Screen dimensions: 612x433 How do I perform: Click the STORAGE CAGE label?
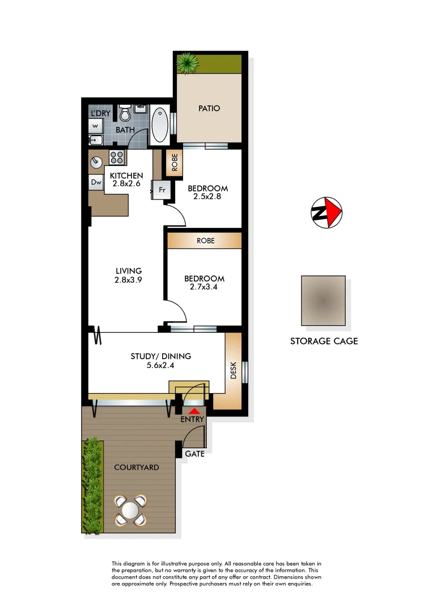click(324, 341)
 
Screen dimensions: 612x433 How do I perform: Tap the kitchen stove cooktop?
click(117, 157)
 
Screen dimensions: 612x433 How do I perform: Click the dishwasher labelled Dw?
click(95, 182)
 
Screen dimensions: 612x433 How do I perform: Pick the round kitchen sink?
click(96, 163)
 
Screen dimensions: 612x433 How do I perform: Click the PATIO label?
click(209, 108)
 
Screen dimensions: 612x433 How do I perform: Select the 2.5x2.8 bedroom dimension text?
click(207, 197)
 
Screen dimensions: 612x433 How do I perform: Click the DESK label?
click(233, 371)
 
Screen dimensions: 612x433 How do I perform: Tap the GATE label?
click(194, 454)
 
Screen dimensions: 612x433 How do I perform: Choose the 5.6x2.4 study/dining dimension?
click(160, 365)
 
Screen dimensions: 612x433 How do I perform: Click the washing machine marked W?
click(95, 126)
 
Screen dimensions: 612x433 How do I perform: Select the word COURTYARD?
click(136, 467)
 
